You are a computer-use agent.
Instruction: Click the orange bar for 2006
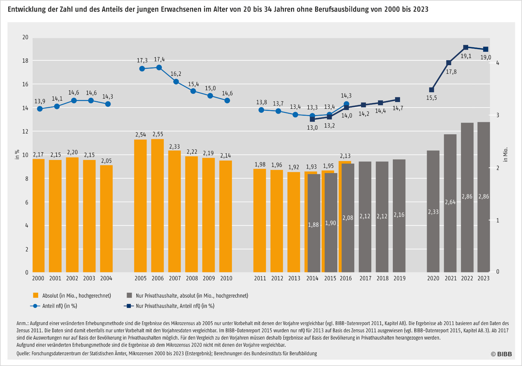tap(158, 205)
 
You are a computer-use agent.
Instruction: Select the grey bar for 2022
tap(467, 197)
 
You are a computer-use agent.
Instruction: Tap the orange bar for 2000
tap(38, 215)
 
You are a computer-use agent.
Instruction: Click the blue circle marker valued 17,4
tap(159, 67)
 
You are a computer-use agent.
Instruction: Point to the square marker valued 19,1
tap(466, 48)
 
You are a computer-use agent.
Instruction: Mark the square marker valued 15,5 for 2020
tap(432, 90)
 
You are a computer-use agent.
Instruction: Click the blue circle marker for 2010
tap(227, 100)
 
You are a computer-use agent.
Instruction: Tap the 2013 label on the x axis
tap(294, 278)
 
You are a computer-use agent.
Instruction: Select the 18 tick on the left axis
tap(25, 61)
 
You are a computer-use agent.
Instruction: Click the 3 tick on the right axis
tap(498, 115)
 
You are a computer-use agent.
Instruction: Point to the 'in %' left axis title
tap(17, 154)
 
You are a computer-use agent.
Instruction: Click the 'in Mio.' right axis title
tap(505, 155)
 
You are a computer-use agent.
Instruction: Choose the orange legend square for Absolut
tap(36, 295)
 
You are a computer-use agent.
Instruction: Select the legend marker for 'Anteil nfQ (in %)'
tap(35, 306)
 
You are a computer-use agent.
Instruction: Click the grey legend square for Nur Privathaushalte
tap(130, 295)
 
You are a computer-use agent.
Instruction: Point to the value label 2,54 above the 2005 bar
tap(141, 135)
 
